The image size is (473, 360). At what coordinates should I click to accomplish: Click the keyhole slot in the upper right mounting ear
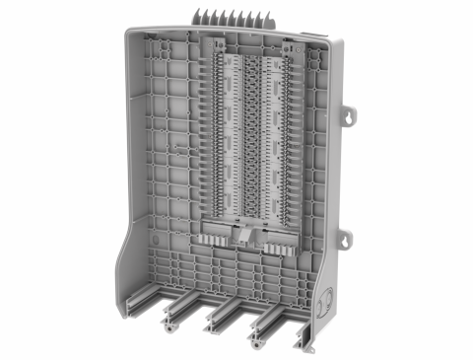click(350, 115)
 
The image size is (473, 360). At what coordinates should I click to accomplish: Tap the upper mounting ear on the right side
click(349, 114)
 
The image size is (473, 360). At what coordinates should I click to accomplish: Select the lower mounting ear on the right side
click(346, 238)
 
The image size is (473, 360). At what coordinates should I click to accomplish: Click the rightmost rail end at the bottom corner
click(307, 341)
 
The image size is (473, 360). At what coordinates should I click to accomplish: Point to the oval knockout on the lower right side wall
click(327, 297)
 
